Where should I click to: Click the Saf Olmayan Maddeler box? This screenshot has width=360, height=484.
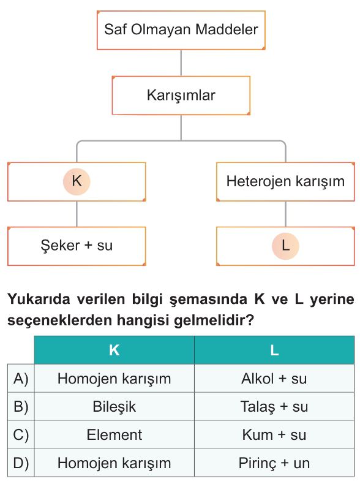pos(181,30)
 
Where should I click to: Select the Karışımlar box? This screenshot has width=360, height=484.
pos(181,96)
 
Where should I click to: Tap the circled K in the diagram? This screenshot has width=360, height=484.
pos(77,181)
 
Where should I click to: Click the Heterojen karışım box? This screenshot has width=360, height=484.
pos(285,182)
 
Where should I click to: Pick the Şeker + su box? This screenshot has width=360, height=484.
pos(77,246)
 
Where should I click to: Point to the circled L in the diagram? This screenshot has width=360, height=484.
pos(285,246)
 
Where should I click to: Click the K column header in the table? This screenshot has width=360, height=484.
pos(114,350)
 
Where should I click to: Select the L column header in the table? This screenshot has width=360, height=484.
pos(274,350)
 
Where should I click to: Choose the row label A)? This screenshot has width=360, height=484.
pos(21,379)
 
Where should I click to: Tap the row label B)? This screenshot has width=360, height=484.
pos(21,407)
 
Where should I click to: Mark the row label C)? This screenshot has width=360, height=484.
pos(21,434)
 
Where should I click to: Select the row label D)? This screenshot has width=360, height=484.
pos(21,463)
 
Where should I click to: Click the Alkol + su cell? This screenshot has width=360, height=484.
pos(274,379)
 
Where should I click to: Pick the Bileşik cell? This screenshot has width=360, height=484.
pos(114,407)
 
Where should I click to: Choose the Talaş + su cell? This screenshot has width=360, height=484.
pos(274,407)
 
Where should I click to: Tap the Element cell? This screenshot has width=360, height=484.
pos(114,434)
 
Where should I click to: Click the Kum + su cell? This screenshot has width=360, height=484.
pos(274,434)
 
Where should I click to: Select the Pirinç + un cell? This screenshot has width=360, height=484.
pos(274,463)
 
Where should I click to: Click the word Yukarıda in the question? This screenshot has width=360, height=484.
pos(39,299)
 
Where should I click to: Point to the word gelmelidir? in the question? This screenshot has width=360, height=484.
pos(214,321)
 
